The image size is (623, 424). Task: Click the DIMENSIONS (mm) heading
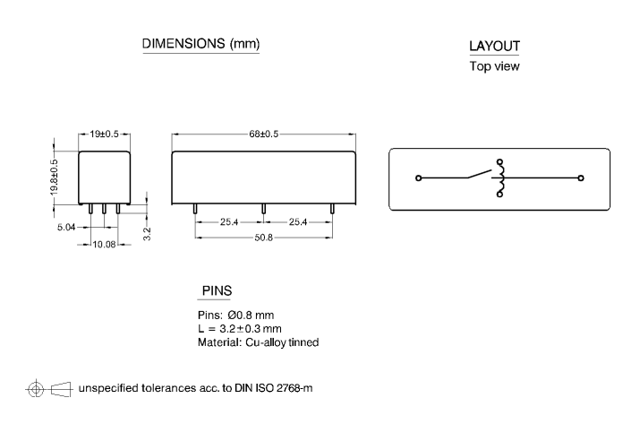pyautogui.click(x=201, y=43)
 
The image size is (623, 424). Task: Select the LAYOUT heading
pyautogui.click(x=494, y=46)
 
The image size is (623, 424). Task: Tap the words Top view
pyautogui.click(x=494, y=66)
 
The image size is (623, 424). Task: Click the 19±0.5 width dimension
pyautogui.click(x=104, y=134)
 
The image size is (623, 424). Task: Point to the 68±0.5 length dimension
pyautogui.click(x=263, y=134)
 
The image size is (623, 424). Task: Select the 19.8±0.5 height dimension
pyautogui.click(x=54, y=177)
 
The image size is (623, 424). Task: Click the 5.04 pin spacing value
pyautogui.click(x=66, y=227)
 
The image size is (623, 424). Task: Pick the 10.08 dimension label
pyautogui.click(x=104, y=244)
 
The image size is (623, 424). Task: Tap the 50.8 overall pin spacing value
pyautogui.click(x=263, y=238)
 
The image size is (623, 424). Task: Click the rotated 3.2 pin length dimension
pyautogui.click(x=147, y=234)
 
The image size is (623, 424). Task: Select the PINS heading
pyautogui.click(x=217, y=290)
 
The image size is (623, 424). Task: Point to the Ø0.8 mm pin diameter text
pyautogui.click(x=251, y=316)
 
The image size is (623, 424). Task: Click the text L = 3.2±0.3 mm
pyautogui.click(x=240, y=329)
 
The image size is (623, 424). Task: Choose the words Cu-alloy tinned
pyautogui.click(x=282, y=342)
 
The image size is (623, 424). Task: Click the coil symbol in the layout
pyautogui.click(x=499, y=177)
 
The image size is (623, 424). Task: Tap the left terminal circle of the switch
pyautogui.click(x=418, y=178)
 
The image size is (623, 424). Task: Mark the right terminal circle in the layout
pyautogui.click(x=581, y=178)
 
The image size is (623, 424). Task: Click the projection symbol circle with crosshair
pyautogui.click(x=36, y=389)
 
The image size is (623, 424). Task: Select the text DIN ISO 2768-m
pyautogui.click(x=273, y=388)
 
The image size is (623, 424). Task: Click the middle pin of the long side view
pyautogui.click(x=263, y=209)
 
